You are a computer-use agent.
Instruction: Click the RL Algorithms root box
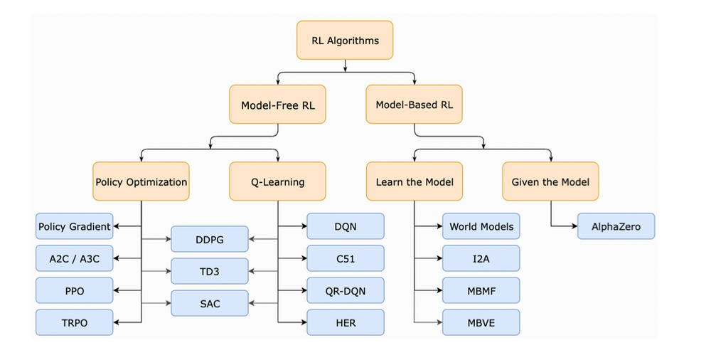345,40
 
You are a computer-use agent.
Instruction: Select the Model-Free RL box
277,105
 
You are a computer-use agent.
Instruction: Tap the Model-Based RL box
414,105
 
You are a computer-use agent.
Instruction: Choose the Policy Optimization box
141,181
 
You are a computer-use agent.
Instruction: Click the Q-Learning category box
277,181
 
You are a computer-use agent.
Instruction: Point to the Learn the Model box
414,181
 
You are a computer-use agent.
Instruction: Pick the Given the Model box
550,181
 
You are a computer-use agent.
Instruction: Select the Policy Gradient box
75,226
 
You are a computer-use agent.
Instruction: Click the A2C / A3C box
75,258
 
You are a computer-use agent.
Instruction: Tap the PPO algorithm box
75,290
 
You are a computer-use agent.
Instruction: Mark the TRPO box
75,322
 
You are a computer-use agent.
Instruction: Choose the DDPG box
210,239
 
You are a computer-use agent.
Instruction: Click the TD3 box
210,271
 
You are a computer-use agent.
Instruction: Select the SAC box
210,303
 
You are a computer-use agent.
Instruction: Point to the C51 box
346,258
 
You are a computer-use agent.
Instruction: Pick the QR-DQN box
346,290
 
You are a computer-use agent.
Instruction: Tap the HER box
346,322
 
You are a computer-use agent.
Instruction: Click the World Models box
481,226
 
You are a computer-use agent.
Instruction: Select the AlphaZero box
616,226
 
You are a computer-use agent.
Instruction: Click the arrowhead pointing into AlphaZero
574,226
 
